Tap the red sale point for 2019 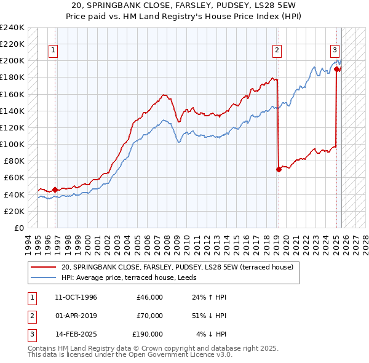click(x=279, y=169)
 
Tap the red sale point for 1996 click(x=55, y=189)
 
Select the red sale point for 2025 click(x=337, y=70)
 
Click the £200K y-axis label click(x=12, y=61)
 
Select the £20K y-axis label click(x=14, y=210)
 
